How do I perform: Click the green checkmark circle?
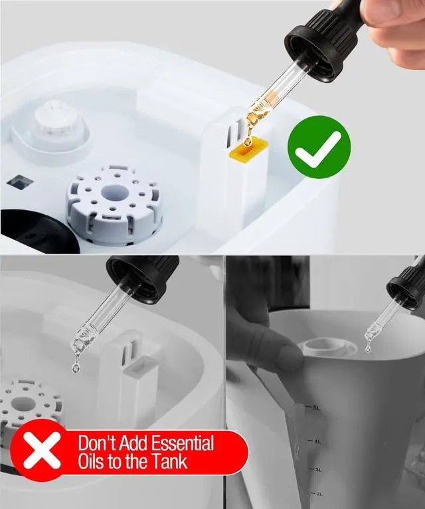(319, 151)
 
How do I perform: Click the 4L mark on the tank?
(317, 441)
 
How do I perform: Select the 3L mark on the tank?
(318, 469)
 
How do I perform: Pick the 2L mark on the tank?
(319, 494)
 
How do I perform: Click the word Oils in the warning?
(98, 461)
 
